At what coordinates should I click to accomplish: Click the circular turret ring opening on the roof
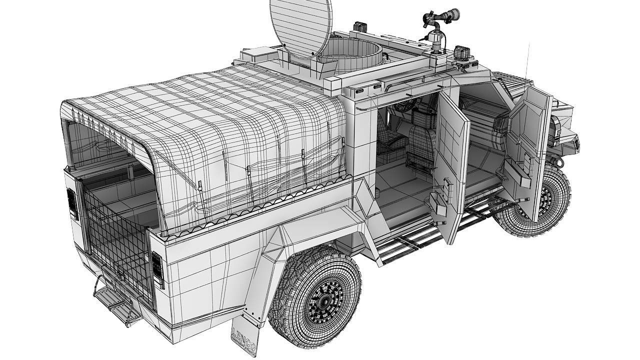coord(350,52)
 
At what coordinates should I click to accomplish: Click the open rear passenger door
coord(450,165)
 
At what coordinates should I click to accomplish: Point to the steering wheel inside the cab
coord(405,105)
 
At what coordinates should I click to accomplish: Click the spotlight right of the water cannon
coord(460,52)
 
